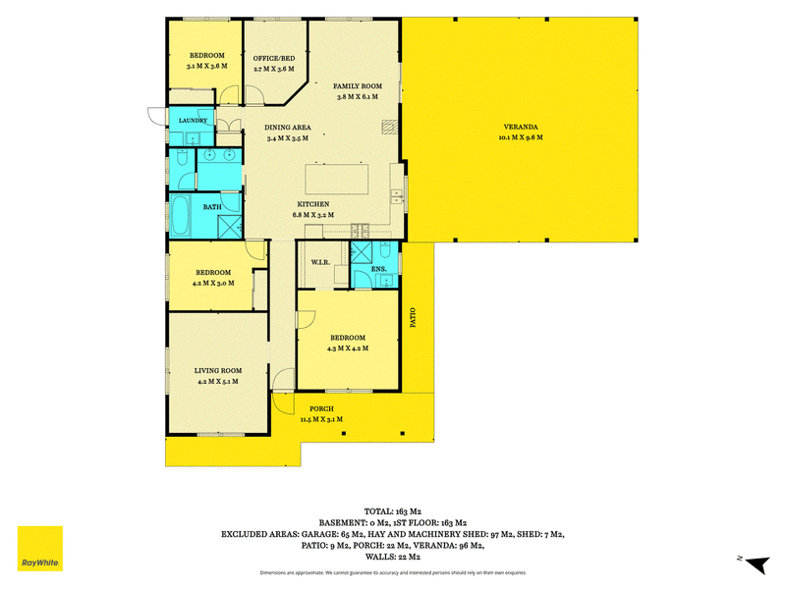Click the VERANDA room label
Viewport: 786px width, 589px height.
[x=521, y=127]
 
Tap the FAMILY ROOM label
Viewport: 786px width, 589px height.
[x=358, y=86]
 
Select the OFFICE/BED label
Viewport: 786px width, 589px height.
[x=274, y=58]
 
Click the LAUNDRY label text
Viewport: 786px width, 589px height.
[x=193, y=120]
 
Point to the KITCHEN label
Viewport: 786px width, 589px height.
[x=313, y=204]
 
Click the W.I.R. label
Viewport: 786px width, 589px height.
[x=320, y=262]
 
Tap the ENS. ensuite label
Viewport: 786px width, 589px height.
[x=379, y=269]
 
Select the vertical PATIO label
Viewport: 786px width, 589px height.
[x=413, y=317]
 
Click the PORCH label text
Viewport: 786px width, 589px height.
[x=321, y=408]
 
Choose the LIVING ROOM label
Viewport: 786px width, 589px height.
[x=218, y=371]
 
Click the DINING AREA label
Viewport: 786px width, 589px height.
[x=288, y=128]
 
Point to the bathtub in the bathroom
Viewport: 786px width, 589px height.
[x=180, y=216]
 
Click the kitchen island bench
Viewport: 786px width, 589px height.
[x=337, y=179]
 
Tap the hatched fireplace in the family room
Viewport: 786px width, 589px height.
[x=389, y=128]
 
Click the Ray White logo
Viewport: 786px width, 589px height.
[x=40, y=549]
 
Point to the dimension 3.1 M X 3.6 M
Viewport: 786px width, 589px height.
[x=207, y=66]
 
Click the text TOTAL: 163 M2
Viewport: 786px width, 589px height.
[x=392, y=511]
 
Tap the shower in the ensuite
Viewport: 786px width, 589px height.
[x=361, y=252]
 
